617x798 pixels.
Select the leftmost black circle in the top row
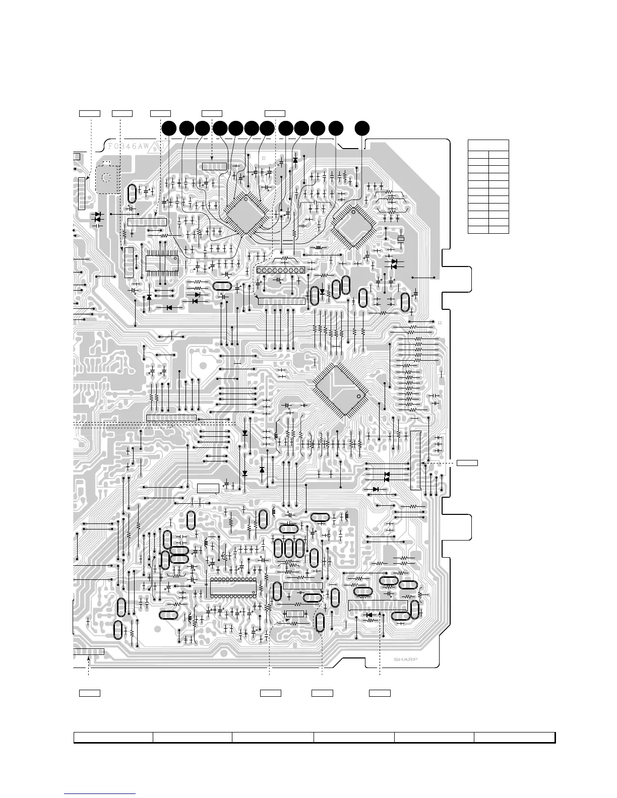pos(169,128)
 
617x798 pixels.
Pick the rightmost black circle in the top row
pos(361,128)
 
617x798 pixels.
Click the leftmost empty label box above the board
pos(90,112)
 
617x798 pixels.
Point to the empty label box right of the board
pos(467,462)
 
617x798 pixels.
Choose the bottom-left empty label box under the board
pos(90,693)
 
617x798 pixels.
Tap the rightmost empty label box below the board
pos(380,693)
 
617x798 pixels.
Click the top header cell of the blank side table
pos(488,145)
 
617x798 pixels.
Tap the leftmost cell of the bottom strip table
pos(113,738)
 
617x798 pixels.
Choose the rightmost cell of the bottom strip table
pos(514,738)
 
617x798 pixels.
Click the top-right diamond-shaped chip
pos(355,225)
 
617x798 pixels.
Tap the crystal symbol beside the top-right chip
pos(401,238)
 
